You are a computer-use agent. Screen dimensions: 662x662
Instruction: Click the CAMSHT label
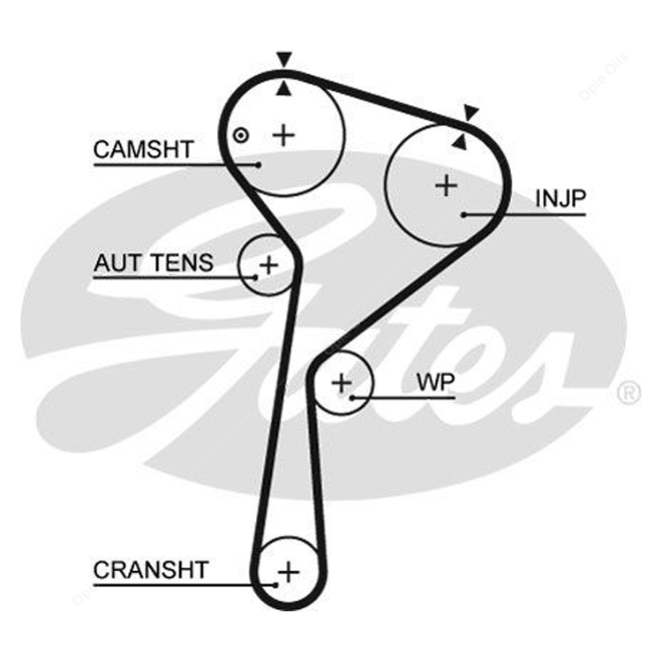tap(144, 149)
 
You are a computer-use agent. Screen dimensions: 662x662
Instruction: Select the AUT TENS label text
tap(154, 263)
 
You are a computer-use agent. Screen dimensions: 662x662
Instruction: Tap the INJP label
tap(560, 199)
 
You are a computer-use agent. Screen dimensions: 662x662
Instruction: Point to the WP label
tap(435, 382)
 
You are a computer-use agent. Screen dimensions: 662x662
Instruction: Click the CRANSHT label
tap(151, 570)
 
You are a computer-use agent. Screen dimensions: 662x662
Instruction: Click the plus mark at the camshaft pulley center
tap(283, 136)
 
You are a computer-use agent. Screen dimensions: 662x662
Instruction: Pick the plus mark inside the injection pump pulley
tap(447, 185)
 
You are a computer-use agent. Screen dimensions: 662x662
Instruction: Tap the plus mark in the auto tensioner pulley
tap(269, 265)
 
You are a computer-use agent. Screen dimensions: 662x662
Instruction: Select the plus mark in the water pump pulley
tap(342, 383)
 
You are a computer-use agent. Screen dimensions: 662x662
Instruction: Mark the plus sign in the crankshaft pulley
tap(289, 573)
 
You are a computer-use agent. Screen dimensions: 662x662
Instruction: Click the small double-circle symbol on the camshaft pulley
tap(241, 136)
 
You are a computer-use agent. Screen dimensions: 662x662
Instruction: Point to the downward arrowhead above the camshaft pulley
tap(284, 59)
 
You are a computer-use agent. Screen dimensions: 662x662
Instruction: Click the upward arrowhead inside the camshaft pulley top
tap(284, 88)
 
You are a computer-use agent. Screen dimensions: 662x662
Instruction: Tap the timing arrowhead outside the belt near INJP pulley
tap(470, 113)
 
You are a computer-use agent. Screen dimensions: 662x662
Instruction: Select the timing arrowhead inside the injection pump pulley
tap(459, 141)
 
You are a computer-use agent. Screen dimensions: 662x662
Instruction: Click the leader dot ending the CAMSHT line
tap(259, 165)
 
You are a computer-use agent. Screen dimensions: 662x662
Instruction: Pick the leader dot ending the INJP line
tap(463, 214)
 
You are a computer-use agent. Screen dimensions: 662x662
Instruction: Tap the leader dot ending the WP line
tap(351, 398)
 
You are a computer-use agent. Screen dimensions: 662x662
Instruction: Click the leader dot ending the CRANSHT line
tap(275, 585)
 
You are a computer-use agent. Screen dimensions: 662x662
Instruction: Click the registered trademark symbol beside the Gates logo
tap(629, 393)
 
